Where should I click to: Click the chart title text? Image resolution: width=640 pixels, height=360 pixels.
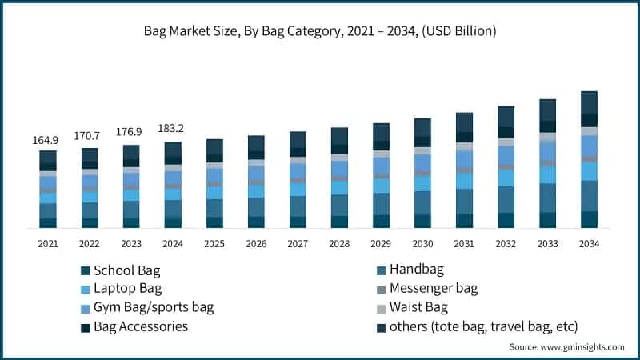[320, 32]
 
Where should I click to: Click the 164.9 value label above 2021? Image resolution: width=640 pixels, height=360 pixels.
[48, 141]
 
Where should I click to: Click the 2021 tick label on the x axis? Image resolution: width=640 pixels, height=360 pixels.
[48, 243]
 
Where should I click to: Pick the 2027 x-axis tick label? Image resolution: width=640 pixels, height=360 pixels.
[298, 243]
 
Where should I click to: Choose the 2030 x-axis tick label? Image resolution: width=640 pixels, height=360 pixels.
[422, 243]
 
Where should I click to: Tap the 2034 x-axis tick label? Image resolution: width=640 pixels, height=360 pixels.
[589, 243]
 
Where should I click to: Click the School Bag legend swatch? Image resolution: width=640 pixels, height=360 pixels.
[85, 270]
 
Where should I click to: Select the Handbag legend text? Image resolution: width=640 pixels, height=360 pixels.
[416, 270]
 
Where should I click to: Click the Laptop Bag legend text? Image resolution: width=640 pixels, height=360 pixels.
[127, 288]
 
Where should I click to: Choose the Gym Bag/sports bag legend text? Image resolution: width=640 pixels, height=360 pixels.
[154, 307]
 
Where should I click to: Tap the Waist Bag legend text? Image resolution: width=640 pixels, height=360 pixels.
[418, 307]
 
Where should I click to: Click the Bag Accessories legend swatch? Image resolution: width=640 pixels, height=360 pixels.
[85, 327]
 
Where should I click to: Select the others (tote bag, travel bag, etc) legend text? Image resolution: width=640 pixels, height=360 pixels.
[483, 326]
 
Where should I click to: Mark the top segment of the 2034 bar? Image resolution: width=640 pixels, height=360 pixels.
[589, 102]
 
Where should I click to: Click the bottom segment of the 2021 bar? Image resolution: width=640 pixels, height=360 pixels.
[48, 223]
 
